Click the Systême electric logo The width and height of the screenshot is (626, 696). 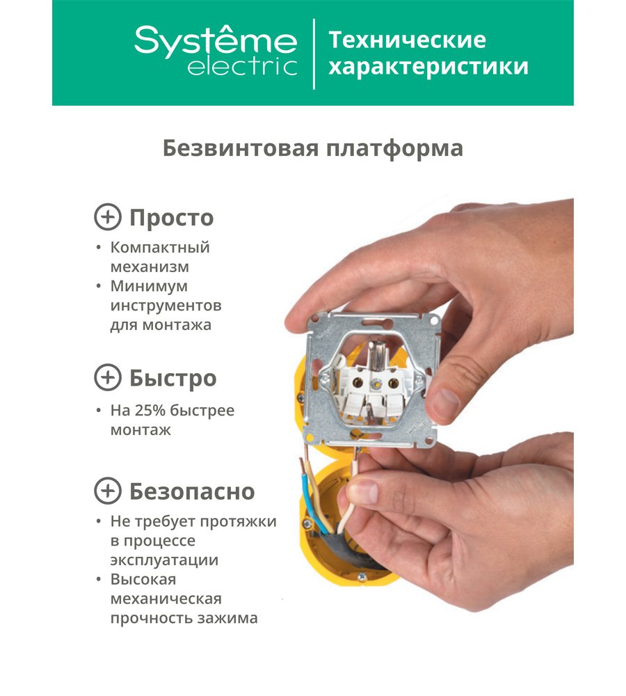click(216, 51)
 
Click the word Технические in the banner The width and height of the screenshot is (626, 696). click(407, 40)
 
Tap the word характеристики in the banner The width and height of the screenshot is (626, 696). click(428, 67)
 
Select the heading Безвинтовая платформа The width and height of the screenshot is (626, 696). click(313, 148)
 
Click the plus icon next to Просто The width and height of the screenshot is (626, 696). click(108, 217)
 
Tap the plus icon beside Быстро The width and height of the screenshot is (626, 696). click(108, 377)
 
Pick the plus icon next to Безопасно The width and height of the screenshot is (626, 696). click(108, 491)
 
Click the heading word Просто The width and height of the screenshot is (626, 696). click(171, 218)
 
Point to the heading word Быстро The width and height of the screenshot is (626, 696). click(172, 378)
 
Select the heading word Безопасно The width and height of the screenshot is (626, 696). click(192, 491)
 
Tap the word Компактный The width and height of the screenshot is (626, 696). click(160, 247)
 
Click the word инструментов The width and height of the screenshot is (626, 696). click(166, 306)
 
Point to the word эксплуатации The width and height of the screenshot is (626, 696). click(164, 560)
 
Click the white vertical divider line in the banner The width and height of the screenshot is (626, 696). click(314, 54)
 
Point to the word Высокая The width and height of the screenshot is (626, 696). click(143, 579)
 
